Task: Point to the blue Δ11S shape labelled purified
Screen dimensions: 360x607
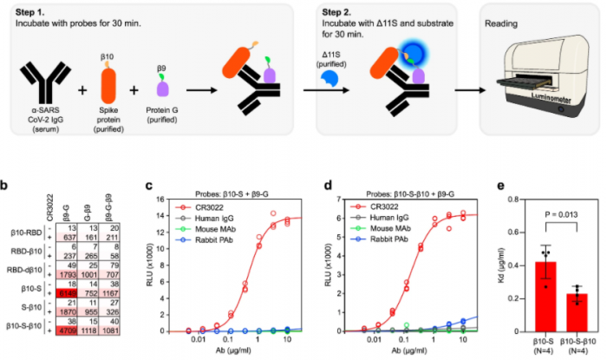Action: [330, 82]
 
